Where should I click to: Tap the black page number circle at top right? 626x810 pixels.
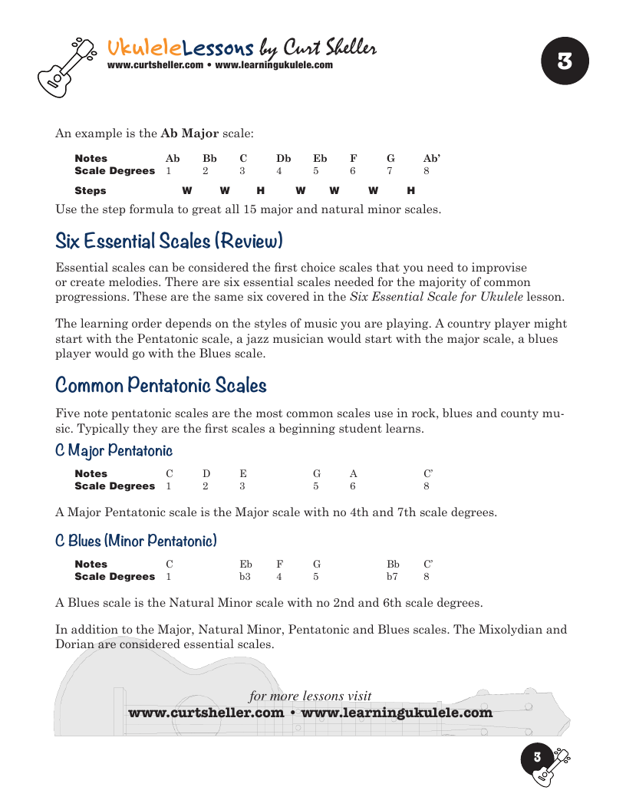(x=565, y=61)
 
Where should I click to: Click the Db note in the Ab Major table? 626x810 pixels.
(x=283, y=159)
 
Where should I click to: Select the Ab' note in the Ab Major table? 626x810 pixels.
(x=432, y=159)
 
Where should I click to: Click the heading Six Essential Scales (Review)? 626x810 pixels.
(x=170, y=241)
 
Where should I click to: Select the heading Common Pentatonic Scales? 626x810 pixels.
(x=161, y=384)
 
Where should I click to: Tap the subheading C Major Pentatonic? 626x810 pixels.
(x=114, y=450)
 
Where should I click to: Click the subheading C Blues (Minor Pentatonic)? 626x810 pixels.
(x=136, y=541)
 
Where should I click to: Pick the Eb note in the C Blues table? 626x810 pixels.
(x=245, y=564)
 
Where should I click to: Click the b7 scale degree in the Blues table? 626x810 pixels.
(x=392, y=576)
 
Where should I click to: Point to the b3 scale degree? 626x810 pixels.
(x=245, y=576)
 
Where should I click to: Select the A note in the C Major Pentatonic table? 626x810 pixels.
(x=353, y=473)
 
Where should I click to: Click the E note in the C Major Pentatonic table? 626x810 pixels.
(x=243, y=473)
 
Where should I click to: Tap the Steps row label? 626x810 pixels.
(x=91, y=190)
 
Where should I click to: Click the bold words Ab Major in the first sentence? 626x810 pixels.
(x=189, y=133)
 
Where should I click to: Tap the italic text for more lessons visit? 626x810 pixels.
(x=311, y=696)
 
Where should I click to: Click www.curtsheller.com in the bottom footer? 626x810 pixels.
(x=206, y=713)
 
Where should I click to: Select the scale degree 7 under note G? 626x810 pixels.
(x=390, y=171)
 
